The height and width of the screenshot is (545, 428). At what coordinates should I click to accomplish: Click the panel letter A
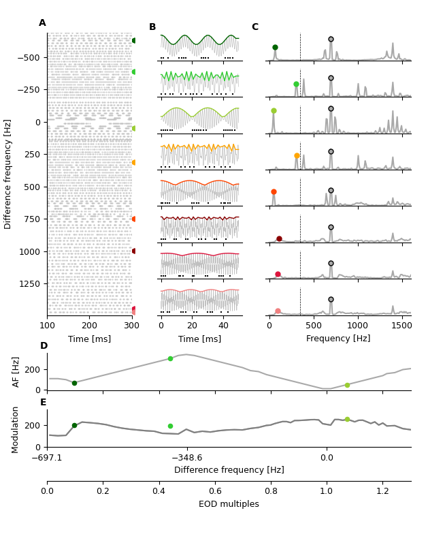pos(42,23)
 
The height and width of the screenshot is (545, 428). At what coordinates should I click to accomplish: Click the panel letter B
pos(152,27)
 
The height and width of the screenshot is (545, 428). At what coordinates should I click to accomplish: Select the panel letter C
pos(254,27)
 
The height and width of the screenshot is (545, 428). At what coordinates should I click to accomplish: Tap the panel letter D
pos(44,346)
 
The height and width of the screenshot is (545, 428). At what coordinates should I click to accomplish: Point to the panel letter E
pos(44,403)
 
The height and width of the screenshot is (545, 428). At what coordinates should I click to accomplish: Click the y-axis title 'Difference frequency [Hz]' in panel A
pos(8,174)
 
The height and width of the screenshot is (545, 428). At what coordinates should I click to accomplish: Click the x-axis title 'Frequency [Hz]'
pos(338,339)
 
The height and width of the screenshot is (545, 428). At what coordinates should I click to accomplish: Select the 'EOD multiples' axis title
pos(229,504)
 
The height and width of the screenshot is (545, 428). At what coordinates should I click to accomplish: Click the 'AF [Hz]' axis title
pos(16,371)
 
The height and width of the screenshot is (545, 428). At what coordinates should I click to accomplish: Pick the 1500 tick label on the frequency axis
pos(402,326)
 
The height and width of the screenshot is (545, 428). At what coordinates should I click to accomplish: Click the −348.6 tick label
pos(186,458)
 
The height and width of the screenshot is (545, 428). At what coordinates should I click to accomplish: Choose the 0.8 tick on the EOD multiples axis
pos(270,490)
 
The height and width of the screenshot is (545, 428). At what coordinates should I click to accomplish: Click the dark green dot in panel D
pos(74,383)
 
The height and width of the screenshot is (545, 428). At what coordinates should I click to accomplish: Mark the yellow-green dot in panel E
pos(347,420)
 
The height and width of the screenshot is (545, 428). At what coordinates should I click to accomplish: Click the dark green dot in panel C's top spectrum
pos(275,48)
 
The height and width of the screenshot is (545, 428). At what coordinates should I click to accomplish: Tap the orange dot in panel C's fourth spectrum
pos(297,156)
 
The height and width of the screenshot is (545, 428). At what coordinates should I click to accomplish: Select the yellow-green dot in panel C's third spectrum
pos(274,111)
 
